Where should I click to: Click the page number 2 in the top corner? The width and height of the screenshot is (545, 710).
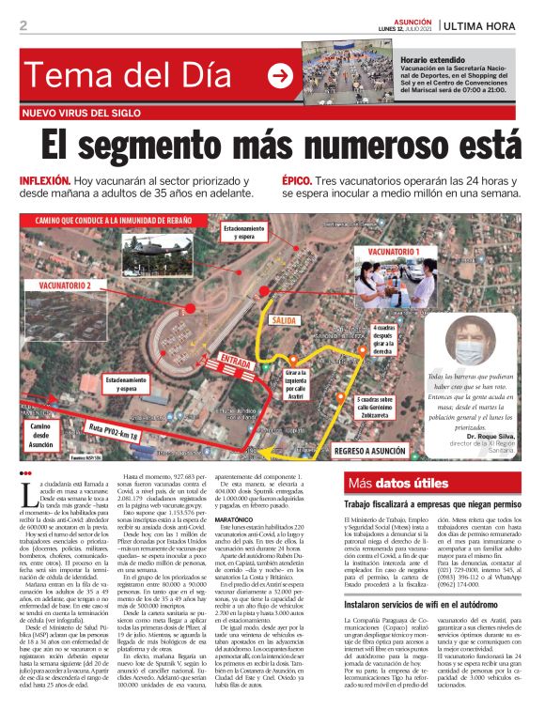point(23,25)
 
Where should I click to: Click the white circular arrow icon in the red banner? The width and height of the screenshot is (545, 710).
point(279,76)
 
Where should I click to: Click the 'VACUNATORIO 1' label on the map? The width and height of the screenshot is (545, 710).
point(393,252)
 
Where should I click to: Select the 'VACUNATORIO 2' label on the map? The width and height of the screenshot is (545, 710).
point(66,285)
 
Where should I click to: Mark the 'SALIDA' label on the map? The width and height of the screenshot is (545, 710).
point(284,320)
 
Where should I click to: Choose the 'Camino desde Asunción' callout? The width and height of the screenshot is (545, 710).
point(45,437)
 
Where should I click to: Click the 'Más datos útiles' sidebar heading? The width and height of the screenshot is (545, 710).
point(397,485)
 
